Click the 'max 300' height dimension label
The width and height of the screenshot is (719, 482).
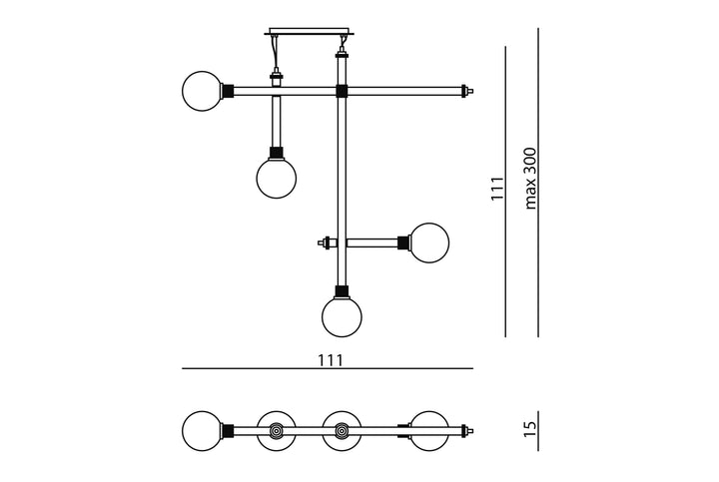click(530, 179)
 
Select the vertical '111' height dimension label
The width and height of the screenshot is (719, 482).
click(497, 189)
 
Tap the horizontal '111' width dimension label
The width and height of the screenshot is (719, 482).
click(331, 360)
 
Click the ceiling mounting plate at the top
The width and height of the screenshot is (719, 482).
click(309, 32)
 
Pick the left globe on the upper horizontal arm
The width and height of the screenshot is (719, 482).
click(202, 91)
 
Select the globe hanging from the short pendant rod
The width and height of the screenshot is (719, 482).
click(276, 179)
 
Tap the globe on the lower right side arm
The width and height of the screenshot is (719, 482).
click(429, 242)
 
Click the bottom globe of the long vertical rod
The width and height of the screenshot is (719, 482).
click(342, 316)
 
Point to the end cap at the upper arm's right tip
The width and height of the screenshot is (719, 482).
click(467, 91)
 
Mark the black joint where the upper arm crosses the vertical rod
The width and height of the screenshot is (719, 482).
click(342, 91)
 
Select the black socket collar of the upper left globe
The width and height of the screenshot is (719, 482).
click(228, 91)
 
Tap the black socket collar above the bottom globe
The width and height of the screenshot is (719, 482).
click(342, 291)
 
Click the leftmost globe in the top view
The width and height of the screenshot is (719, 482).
click(202, 431)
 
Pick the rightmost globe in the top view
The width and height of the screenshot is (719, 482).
click(429, 431)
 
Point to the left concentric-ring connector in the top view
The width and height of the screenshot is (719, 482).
click(276, 431)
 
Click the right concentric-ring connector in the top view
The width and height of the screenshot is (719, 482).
click(342, 431)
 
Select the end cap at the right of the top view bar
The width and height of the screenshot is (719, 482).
click(467, 431)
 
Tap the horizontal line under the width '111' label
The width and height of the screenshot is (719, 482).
click(328, 368)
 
